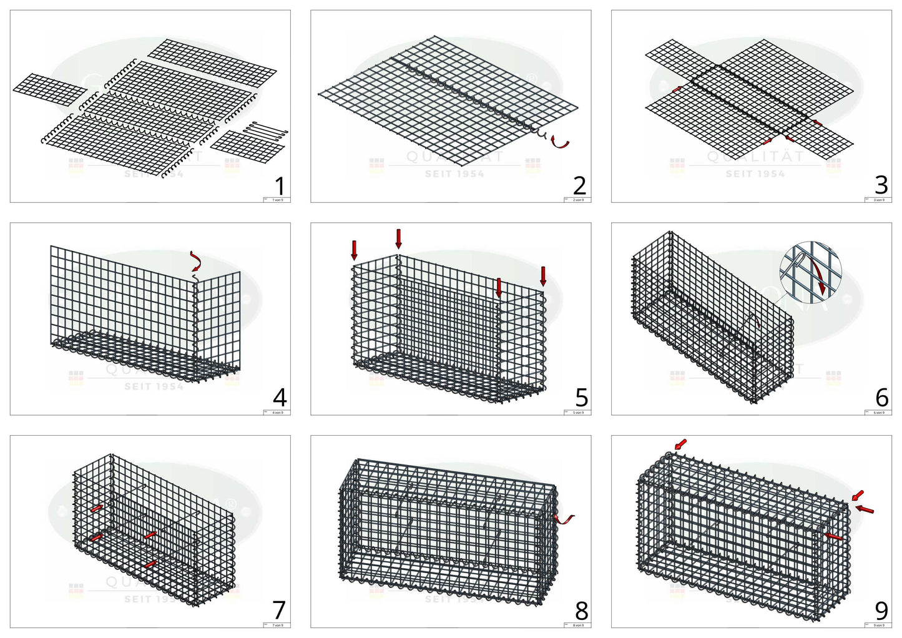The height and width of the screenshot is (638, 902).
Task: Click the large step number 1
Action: point(280,186)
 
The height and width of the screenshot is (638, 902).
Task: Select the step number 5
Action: point(581,398)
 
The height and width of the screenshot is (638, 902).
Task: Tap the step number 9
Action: point(881,610)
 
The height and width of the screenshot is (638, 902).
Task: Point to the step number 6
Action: point(881,398)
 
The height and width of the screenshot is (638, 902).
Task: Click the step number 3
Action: point(881,185)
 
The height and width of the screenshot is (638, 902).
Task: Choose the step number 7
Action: point(279,610)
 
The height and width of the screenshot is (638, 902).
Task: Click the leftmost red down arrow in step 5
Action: point(355,250)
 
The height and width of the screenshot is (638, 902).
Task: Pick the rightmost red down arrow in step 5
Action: point(543,276)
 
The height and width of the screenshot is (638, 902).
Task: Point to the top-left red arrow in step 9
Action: point(680,444)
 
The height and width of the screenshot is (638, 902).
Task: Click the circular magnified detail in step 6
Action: point(810,272)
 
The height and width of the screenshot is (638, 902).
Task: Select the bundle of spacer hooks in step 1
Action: point(265,131)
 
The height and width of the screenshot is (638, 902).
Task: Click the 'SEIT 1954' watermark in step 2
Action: point(454,174)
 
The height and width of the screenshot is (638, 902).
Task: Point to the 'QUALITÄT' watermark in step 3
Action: point(755,157)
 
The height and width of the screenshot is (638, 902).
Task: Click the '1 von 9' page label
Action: point(277,200)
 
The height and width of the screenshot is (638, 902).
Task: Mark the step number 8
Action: point(581,610)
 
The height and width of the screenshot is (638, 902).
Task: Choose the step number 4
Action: point(280,398)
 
